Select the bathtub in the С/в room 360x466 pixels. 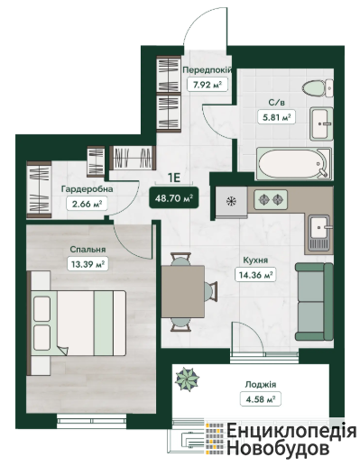pos(294,163)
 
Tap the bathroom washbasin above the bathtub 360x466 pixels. pos(321,123)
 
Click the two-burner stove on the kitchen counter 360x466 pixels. pos(271,199)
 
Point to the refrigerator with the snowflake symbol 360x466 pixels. pos(232,202)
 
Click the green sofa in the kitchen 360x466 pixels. pos(314,302)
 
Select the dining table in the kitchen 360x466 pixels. pos(183,291)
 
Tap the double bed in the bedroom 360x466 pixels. pos(77,323)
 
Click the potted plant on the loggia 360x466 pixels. pos(187,379)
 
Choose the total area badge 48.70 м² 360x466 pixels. pos(174,198)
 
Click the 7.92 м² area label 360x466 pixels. pos(208,85)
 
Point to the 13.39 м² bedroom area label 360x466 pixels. pos(88,264)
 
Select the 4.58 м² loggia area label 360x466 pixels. pos(261,399)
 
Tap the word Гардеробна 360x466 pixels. pos(88,189)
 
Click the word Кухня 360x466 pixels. pos(255,260)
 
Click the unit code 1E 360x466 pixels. pos(174,178)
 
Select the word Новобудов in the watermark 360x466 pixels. pos(278,449)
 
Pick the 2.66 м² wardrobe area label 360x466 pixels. pos(86,204)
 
